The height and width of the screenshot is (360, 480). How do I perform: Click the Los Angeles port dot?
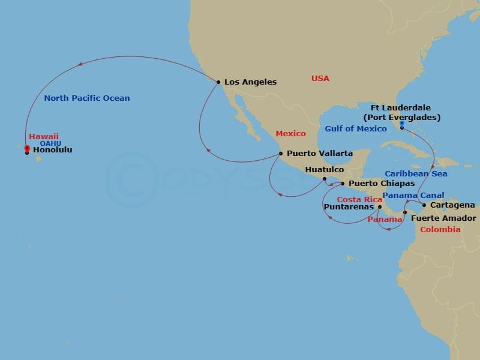(218, 82)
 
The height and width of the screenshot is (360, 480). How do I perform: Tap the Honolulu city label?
(52, 150)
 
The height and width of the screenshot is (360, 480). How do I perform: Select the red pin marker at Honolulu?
(27, 148)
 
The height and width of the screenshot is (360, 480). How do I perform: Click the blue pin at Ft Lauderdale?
(401, 124)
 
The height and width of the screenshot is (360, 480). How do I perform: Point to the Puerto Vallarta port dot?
(280, 153)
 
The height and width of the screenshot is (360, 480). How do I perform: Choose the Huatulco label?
(324, 170)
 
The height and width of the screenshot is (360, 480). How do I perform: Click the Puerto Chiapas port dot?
(343, 183)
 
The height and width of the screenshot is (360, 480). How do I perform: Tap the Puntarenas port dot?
(379, 208)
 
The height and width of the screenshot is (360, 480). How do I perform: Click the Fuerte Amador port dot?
(405, 212)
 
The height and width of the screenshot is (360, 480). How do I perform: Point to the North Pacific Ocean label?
(87, 98)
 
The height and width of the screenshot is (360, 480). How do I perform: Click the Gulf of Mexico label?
(356, 128)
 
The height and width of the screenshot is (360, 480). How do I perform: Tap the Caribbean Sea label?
(416, 173)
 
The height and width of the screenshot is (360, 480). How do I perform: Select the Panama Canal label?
(413, 195)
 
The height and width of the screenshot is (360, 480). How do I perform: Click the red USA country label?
(320, 79)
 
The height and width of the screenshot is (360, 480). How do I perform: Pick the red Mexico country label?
(290, 133)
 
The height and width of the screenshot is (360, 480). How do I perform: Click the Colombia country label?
(440, 229)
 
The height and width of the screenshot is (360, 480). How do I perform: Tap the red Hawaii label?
(44, 136)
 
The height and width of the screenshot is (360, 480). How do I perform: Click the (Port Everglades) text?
(401, 117)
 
